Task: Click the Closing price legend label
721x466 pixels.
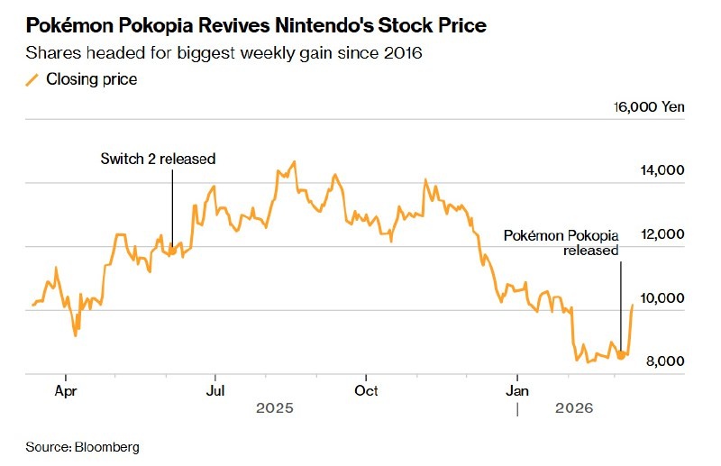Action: pos(92,79)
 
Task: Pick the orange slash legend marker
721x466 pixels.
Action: pos(32,80)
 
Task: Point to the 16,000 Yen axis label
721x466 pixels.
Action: pos(649,106)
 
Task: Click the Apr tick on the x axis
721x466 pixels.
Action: pos(65,391)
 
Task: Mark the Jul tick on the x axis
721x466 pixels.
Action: pos(214,391)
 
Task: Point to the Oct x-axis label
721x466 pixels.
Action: pos(365,391)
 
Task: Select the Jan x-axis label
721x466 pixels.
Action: pos(516,391)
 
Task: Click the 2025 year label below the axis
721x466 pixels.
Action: pos(275,408)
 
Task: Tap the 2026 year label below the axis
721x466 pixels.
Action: pos(574,408)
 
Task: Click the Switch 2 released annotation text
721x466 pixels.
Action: pos(158,160)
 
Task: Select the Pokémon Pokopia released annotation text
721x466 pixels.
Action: pos(561,243)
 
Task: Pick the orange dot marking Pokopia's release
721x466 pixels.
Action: pos(620,355)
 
